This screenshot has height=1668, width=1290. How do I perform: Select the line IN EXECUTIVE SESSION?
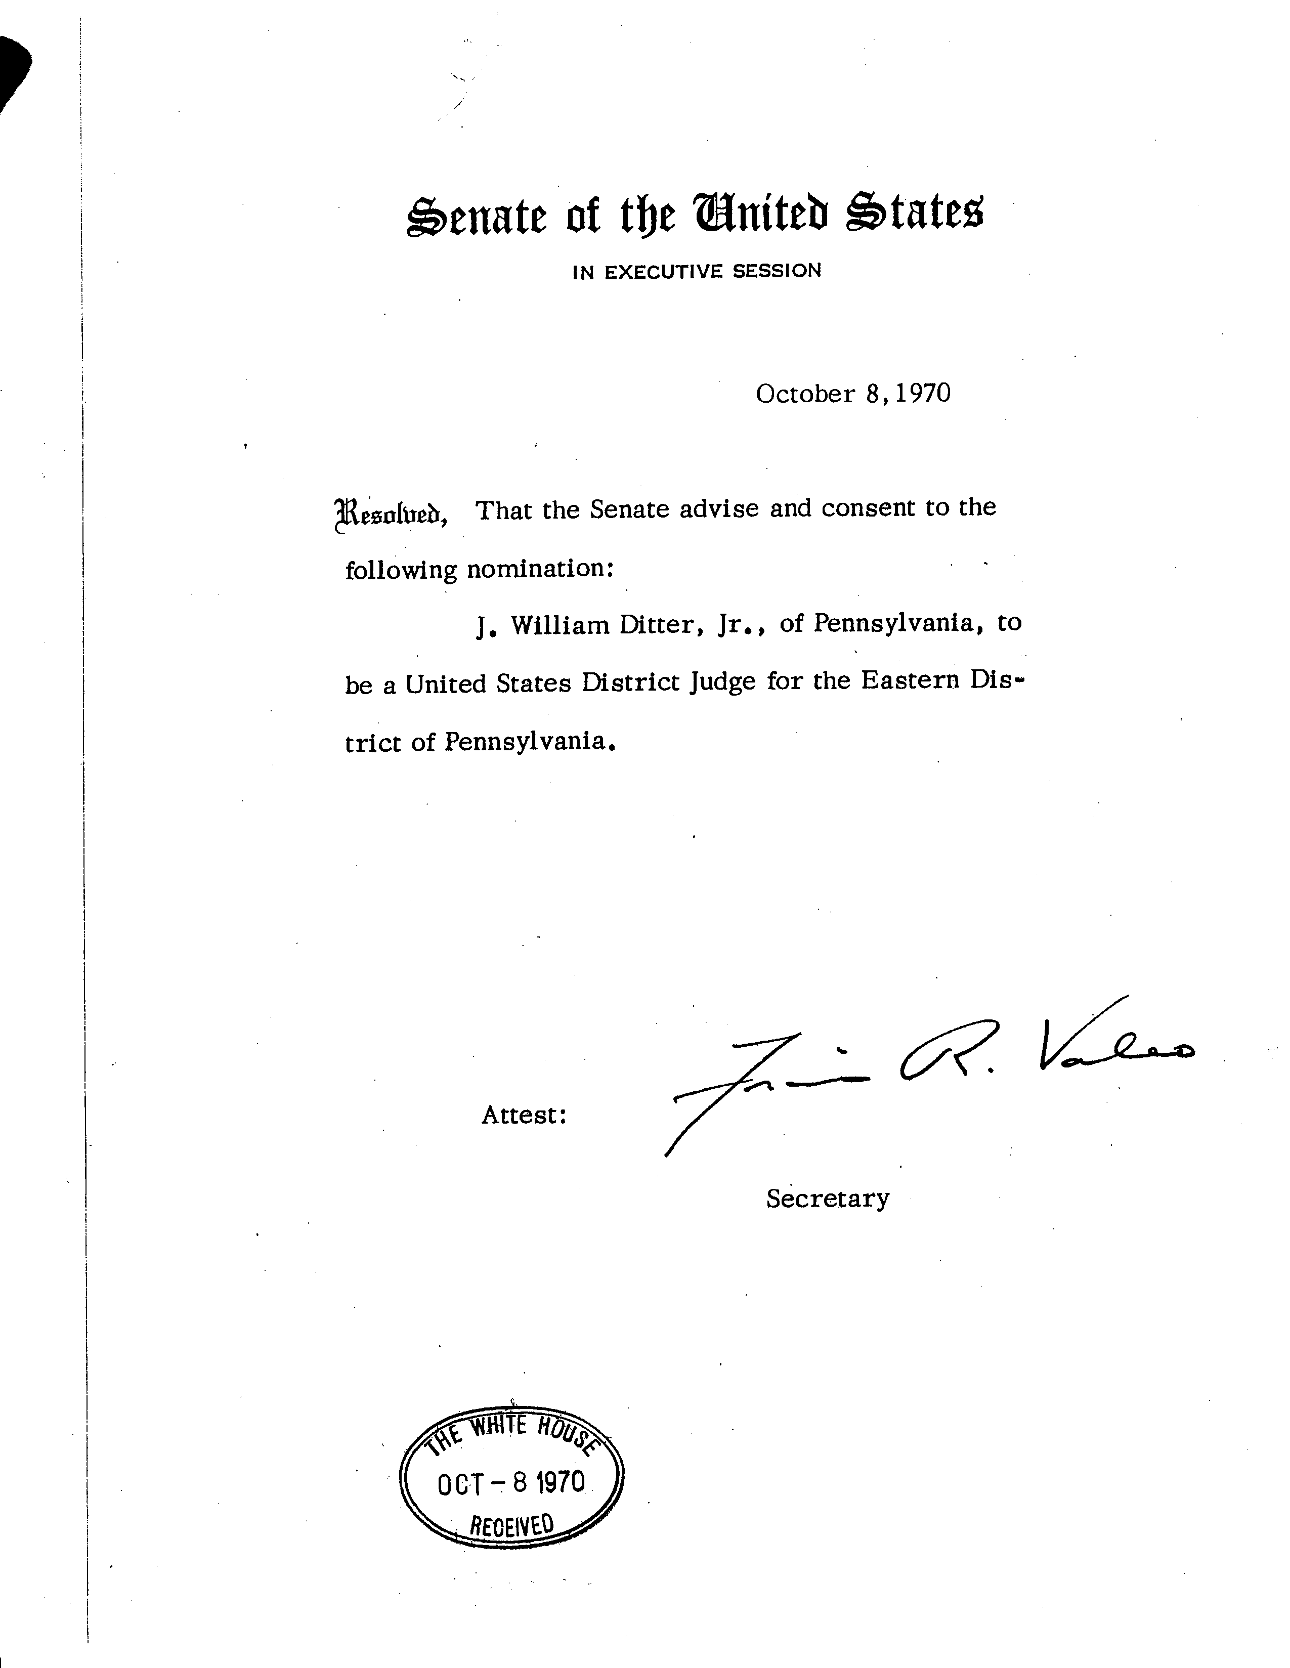[697, 271]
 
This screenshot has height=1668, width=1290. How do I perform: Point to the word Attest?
[523, 1115]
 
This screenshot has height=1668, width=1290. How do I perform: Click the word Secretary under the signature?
[827, 1199]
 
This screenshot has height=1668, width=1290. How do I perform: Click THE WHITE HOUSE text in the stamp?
[512, 1432]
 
